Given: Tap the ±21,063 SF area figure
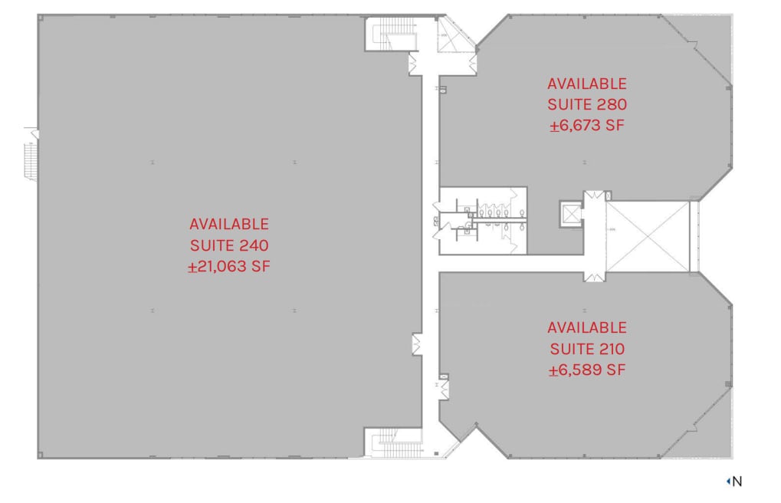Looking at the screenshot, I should (228, 267).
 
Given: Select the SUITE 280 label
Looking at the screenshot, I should (587, 105).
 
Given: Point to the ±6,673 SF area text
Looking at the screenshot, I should (587, 126).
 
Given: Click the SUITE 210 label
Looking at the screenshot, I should (587, 349).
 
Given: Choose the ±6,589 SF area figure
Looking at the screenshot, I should (587, 370).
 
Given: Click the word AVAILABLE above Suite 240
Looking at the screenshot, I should (228, 224).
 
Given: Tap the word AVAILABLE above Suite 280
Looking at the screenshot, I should (587, 84).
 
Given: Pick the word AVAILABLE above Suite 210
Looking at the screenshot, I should (587, 327).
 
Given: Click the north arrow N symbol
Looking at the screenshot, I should (734, 482).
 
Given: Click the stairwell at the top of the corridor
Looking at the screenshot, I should (393, 34).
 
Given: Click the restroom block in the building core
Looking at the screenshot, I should (483, 220).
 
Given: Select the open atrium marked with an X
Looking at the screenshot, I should (647, 235).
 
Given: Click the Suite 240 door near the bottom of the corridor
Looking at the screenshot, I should (417, 344).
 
